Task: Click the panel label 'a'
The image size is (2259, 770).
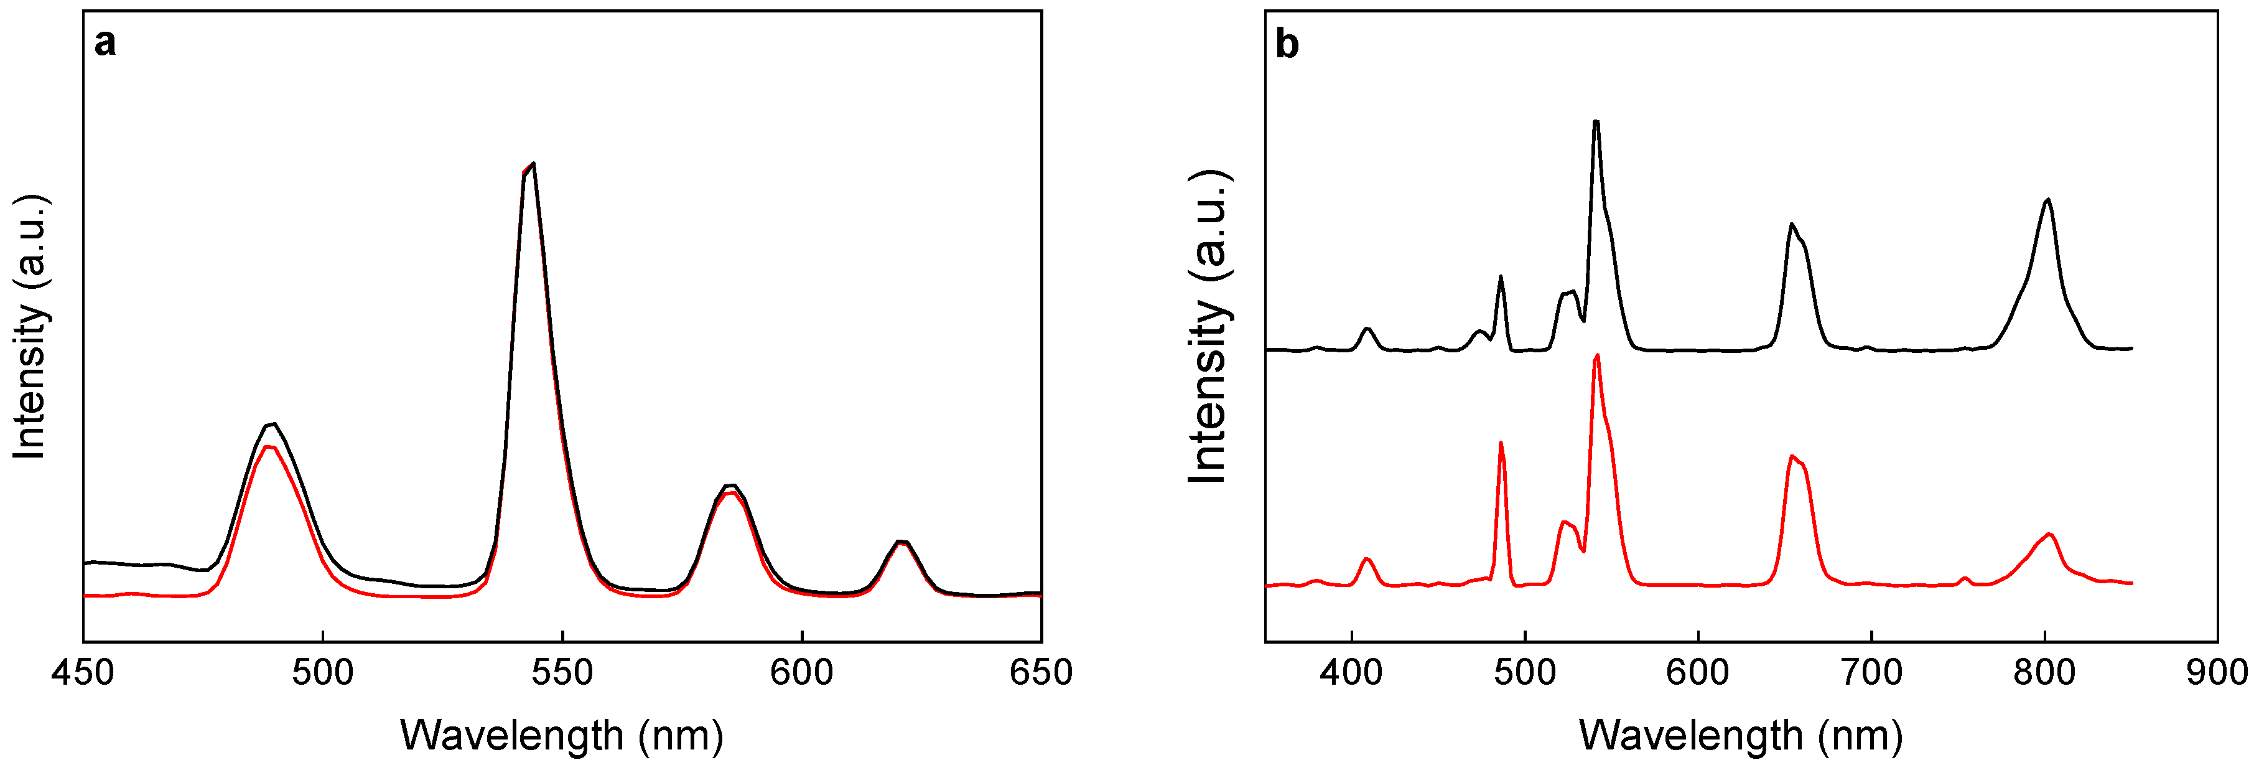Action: (x=105, y=43)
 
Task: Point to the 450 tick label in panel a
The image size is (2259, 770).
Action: (x=83, y=673)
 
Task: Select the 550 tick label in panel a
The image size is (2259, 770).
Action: (x=562, y=673)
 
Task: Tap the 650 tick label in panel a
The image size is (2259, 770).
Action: (x=1041, y=673)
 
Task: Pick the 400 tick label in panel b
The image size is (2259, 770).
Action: (x=1351, y=673)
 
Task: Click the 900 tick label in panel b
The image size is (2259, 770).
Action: (x=2217, y=673)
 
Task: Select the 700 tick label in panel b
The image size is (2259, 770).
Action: (x=1871, y=673)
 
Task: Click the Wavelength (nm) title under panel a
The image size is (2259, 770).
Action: (x=562, y=735)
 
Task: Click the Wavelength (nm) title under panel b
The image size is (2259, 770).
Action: (x=1741, y=735)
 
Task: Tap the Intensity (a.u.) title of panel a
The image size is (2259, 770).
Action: (x=30, y=326)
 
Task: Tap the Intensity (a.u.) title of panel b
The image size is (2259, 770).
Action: (x=1209, y=326)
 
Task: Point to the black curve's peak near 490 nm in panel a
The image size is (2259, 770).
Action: (x=274, y=425)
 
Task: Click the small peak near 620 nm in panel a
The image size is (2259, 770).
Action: (x=901, y=542)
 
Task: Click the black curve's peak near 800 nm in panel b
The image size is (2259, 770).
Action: (x=2047, y=199)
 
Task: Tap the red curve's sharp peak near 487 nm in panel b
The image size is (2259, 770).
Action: (x=1501, y=443)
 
